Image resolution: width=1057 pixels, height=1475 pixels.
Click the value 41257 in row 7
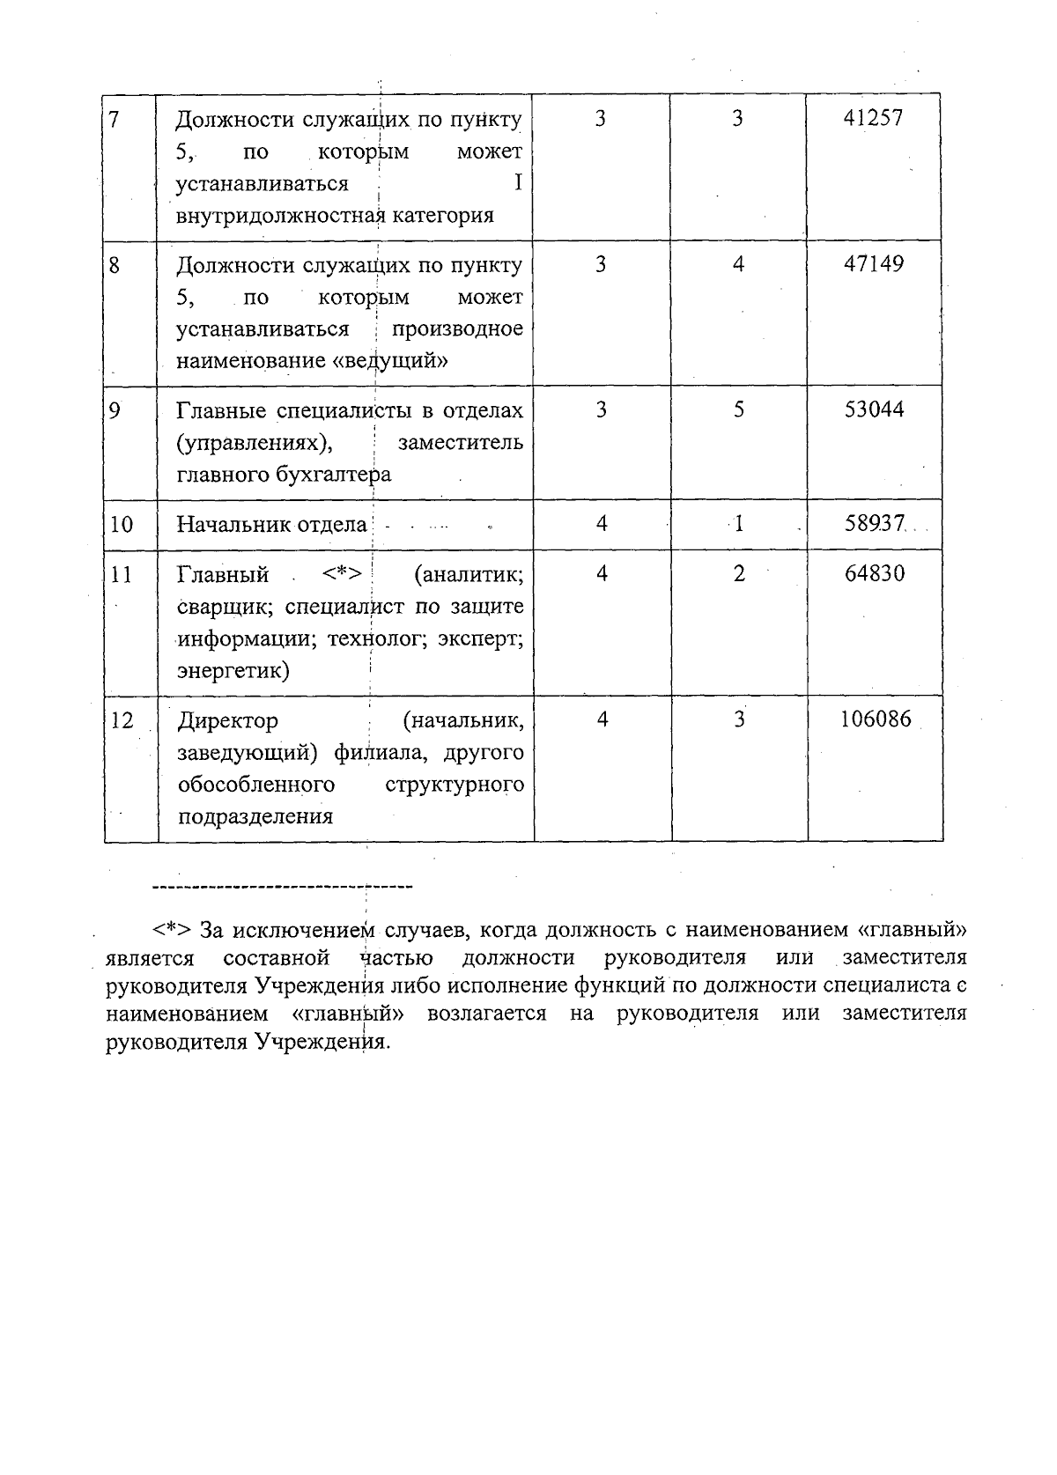[873, 118]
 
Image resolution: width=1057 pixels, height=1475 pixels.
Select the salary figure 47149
[873, 264]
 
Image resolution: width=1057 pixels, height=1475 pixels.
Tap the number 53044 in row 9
[874, 409]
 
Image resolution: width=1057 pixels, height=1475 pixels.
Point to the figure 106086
[875, 720]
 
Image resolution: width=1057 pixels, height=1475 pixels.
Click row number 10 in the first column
[122, 525]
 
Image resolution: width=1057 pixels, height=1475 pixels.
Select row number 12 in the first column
[122, 721]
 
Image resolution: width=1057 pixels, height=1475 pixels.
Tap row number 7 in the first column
[115, 119]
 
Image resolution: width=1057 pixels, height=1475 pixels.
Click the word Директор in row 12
[227, 721]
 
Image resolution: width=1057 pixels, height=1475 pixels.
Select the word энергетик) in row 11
[233, 671]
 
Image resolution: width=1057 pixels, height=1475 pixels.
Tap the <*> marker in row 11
[342, 575]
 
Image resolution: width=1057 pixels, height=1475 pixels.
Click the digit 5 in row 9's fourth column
[739, 409]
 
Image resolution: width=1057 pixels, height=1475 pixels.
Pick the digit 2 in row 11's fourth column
[739, 574]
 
